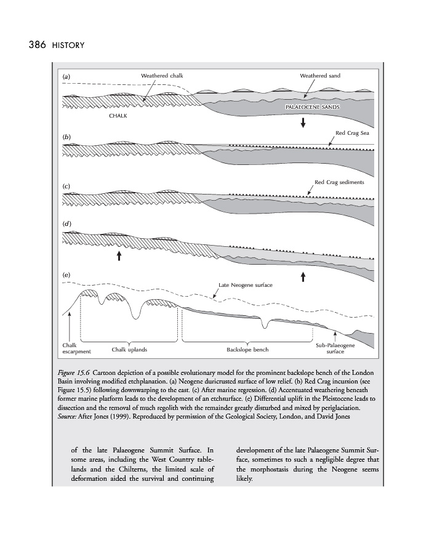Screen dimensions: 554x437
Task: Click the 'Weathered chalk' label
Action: click(162, 76)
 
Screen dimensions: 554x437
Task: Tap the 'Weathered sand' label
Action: click(320, 76)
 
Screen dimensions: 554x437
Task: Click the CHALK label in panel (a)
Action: click(118, 116)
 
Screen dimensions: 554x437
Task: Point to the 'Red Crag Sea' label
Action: click(351, 132)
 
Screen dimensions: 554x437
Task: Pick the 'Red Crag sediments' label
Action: click(339, 182)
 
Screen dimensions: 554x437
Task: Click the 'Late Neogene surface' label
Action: click(246, 285)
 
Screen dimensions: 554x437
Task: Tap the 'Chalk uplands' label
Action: click(129, 350)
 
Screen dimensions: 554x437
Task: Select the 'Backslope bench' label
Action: click(247, 350)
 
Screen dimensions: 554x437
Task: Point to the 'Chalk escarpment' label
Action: click(77, 348)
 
